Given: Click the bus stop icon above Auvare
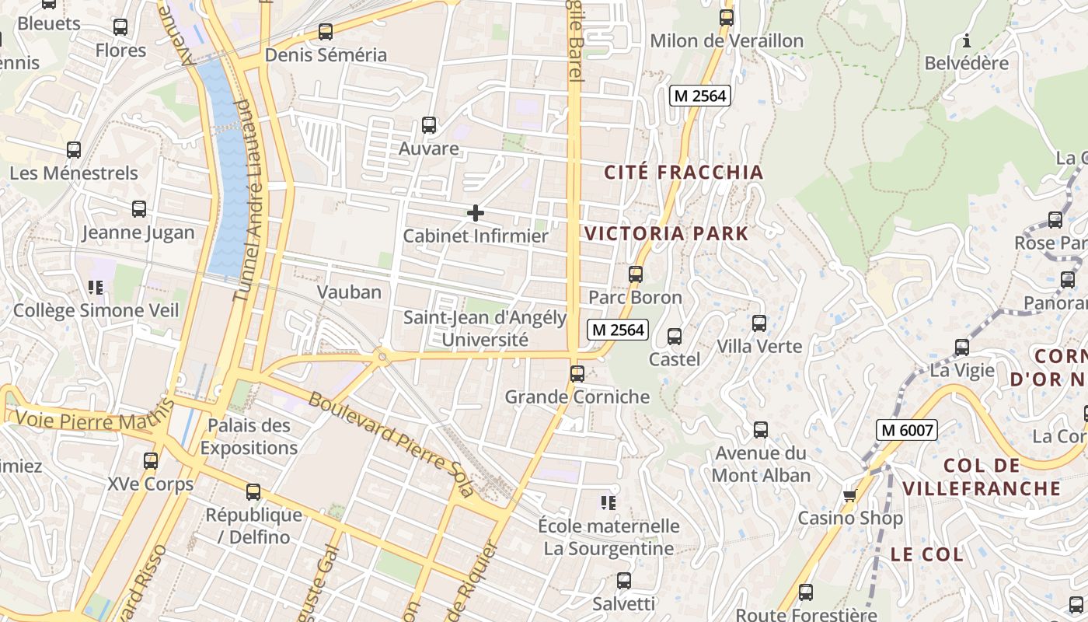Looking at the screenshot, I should click(x=428, y=124).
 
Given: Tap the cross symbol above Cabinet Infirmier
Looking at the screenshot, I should click(x=476, y=213).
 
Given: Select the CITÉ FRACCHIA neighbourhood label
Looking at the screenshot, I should click(x=684, y=173).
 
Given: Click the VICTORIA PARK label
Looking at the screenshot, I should click(x=666, y=233).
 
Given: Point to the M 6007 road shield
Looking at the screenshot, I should click(x=907, y=429).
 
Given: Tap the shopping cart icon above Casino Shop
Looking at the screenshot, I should click(x=849, y=495).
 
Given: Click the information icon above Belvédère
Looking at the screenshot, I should click(x=967, y=40).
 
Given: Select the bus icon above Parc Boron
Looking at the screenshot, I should click(x=636, y=274).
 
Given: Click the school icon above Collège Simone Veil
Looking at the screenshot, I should click(x=96, y=288).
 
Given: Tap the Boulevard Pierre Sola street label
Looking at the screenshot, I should click(x=390, y=444).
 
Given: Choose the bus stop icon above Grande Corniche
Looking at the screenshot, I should click(x=577, y=373).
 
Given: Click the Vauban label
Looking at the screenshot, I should click(x=349, y=292).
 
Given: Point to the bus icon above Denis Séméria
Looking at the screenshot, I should click(x=326, y=32).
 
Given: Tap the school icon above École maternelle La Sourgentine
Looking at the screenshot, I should click(x=608, y=503).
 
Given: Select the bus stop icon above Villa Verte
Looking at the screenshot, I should click(x=759, y=323).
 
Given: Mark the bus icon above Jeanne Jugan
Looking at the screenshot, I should click(x=139, y=208).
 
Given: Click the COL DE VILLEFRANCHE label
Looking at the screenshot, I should click(x=982, y=477).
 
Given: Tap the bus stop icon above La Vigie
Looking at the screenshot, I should click(x=962, y=347).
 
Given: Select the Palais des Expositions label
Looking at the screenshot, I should click(x=249, y=436).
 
